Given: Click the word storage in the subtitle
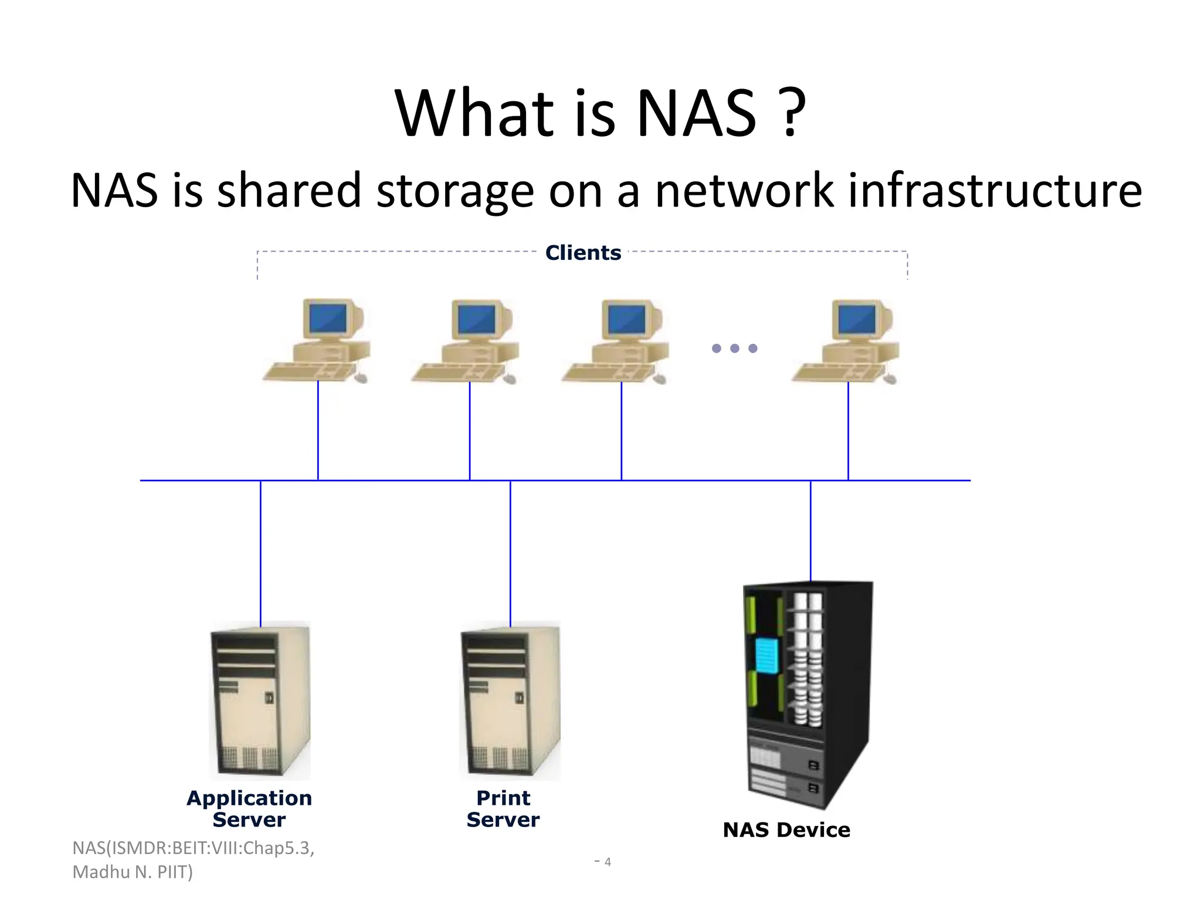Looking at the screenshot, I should pyautogui.click(x=455, y=191).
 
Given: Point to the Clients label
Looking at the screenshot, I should pyautogui.click(x=583, y=253).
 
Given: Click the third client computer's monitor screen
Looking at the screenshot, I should pyautogui.click(x=626, y=320).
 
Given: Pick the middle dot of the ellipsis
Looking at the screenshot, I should pyautogui.click(x=735, y=348).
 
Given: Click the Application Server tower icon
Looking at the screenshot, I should pyautogui.click(x=260, y=700).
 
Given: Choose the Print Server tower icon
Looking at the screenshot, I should pyautogui.click(x=510, y=700).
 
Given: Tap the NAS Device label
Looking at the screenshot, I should pyautogui.click(x=786, y=830).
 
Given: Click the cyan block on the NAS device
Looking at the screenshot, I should pyautogui.click(x=767, y=656).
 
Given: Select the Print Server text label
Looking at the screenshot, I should pyautogui.click(x=503, y=809).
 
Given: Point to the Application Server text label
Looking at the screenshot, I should pyautogui.click(x=249, y=809).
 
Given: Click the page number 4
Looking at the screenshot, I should pyautogui.click(x=608, y=862).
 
